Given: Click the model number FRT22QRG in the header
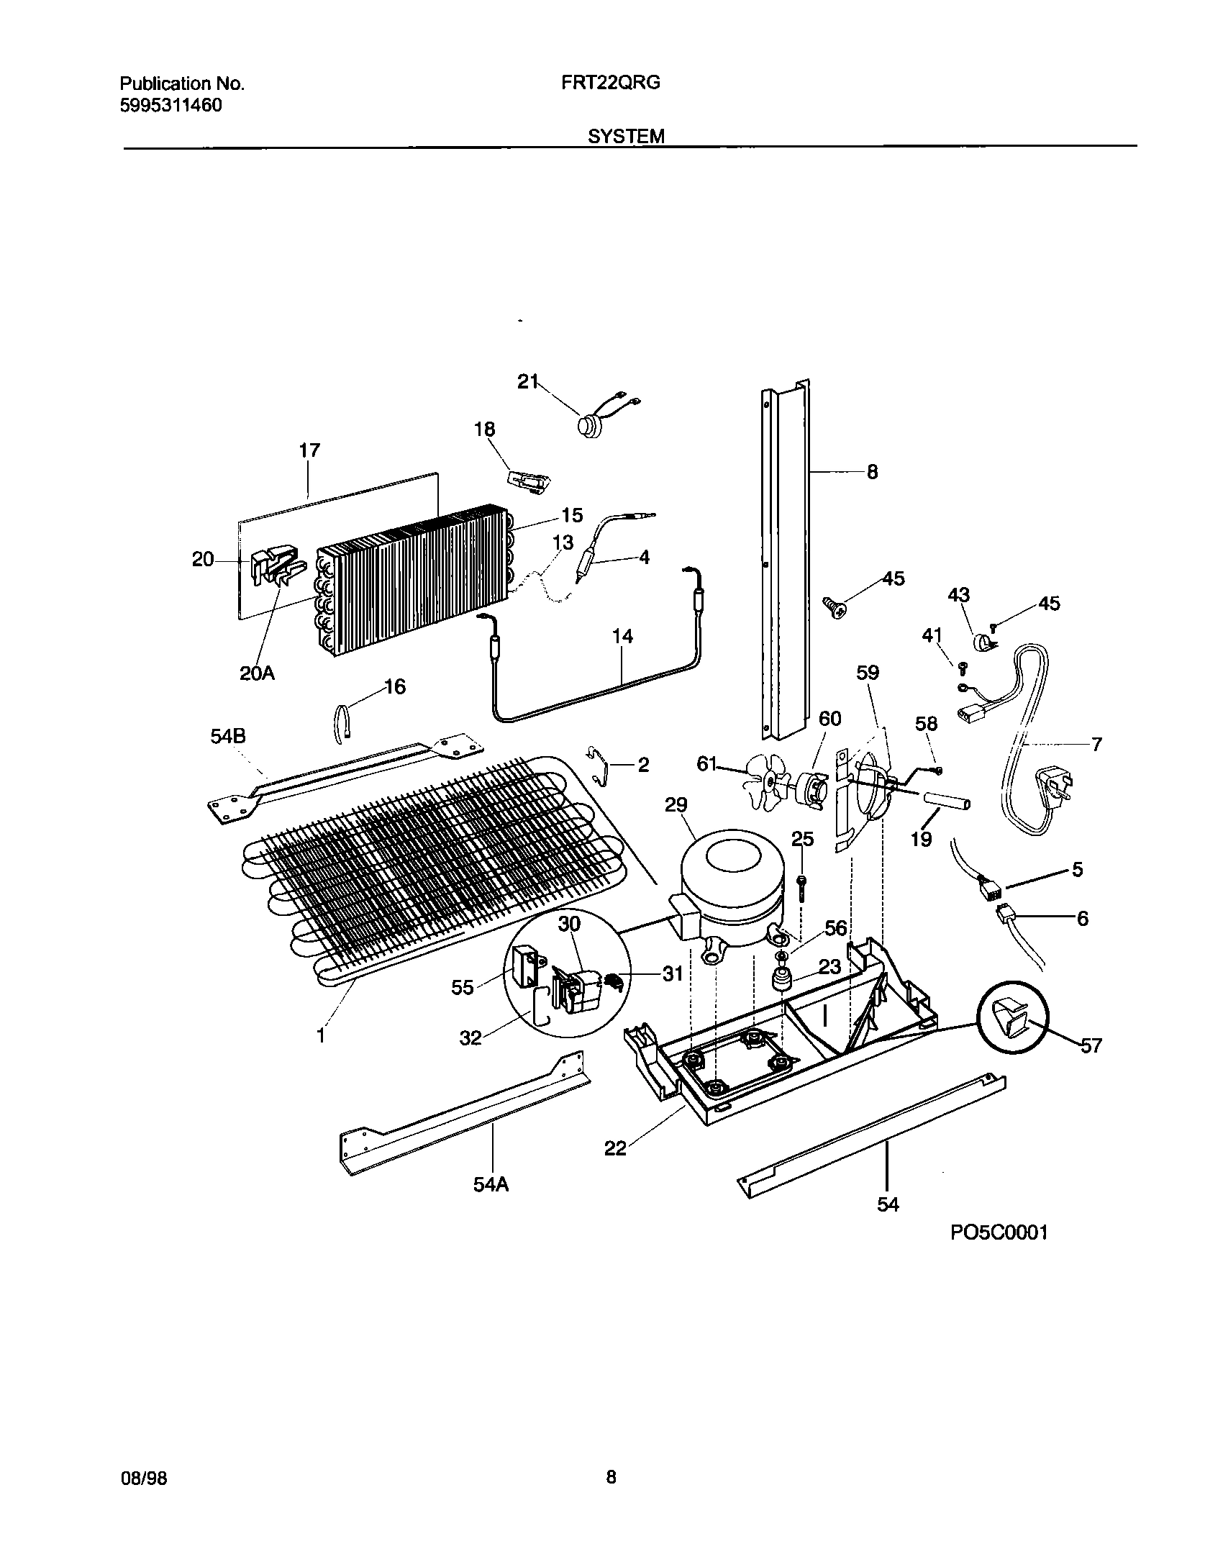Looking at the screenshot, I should click(610, 83).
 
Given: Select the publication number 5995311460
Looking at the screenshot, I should click(171, 106).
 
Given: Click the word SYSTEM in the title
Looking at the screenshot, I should click(625, 137).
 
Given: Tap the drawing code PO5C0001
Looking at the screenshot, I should click(999, 1232).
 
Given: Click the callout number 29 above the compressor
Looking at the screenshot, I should click(676, 805).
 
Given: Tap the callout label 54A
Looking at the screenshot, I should click(491, 1185).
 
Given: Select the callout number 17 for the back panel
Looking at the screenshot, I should click(309, 451).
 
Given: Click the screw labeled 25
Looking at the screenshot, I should click(802, 889).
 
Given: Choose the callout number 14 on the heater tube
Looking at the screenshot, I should click(622, 636).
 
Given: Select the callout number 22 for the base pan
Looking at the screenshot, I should click(615, 1148).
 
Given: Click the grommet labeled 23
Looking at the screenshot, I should click(782, 979).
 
